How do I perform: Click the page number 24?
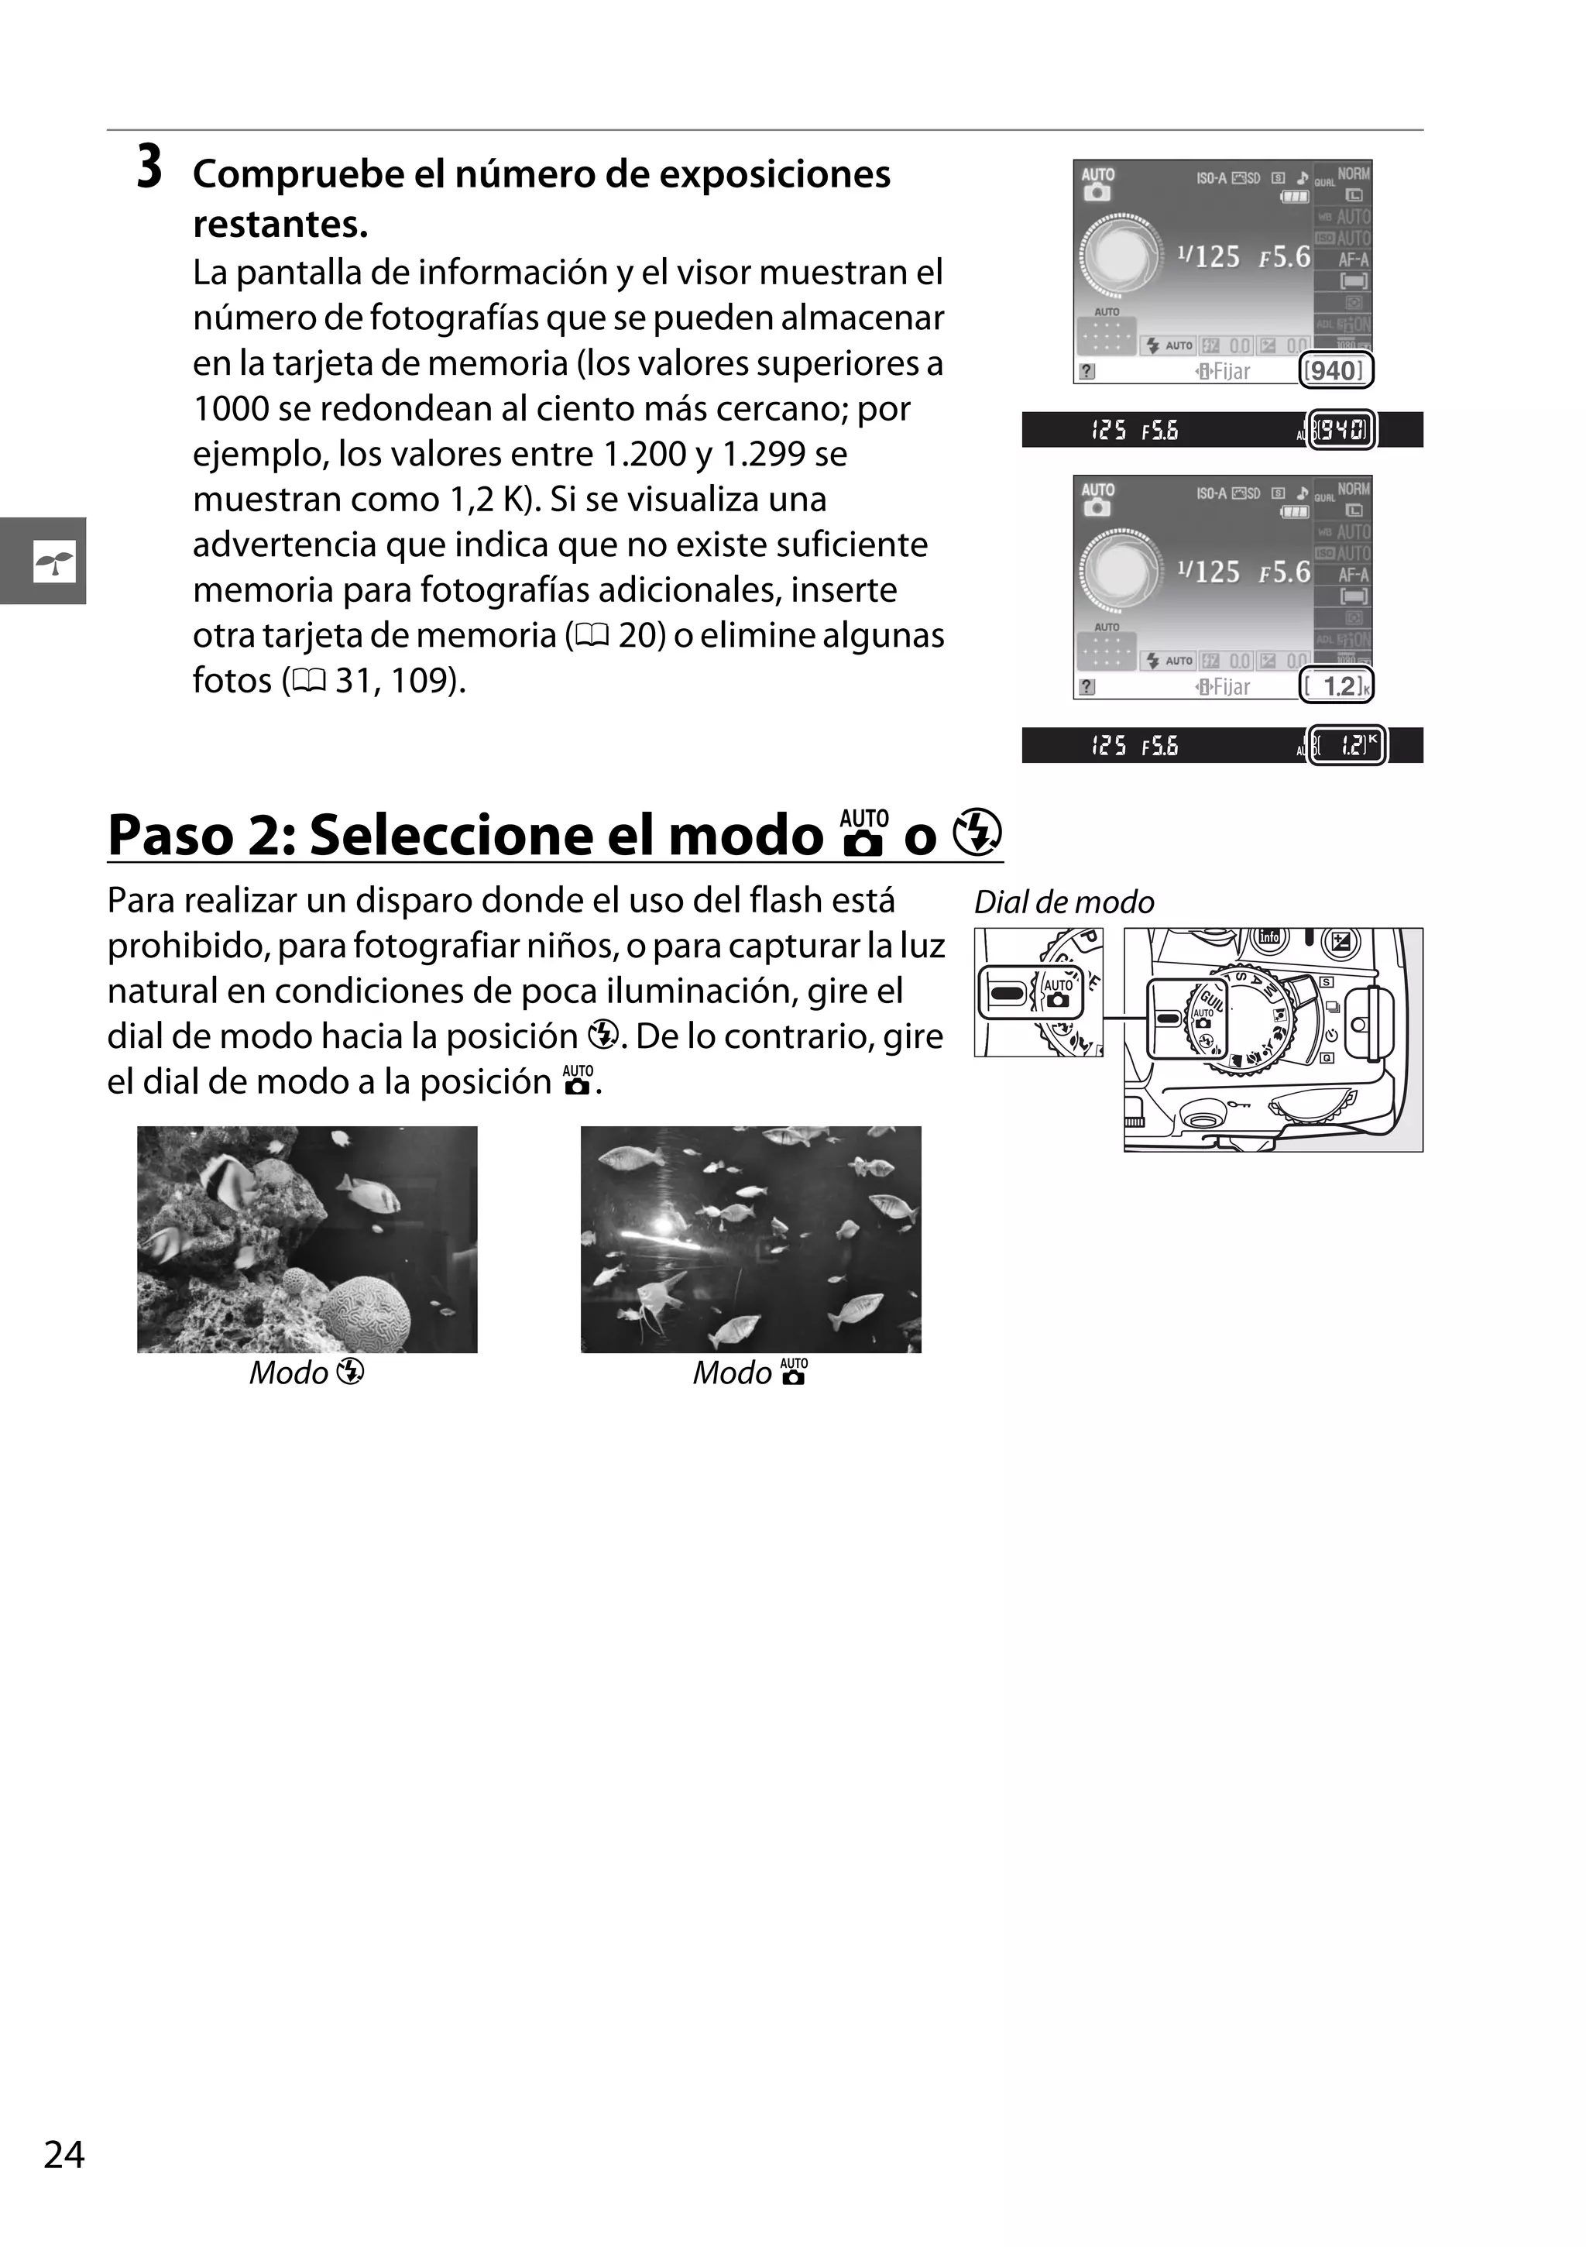click(64, 2154)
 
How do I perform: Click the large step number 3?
click(149, 167)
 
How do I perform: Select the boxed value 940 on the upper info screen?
click(1334, 371)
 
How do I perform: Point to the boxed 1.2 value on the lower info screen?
click(1337, 686)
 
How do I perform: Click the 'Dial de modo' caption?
click(1063, 902)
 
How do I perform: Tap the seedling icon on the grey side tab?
click(53, 561)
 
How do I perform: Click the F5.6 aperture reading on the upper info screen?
click(1284, 257)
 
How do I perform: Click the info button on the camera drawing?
click(1269, 937)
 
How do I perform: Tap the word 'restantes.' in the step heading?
click(280, 224)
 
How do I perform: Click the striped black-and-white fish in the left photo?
click(231, 1177)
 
